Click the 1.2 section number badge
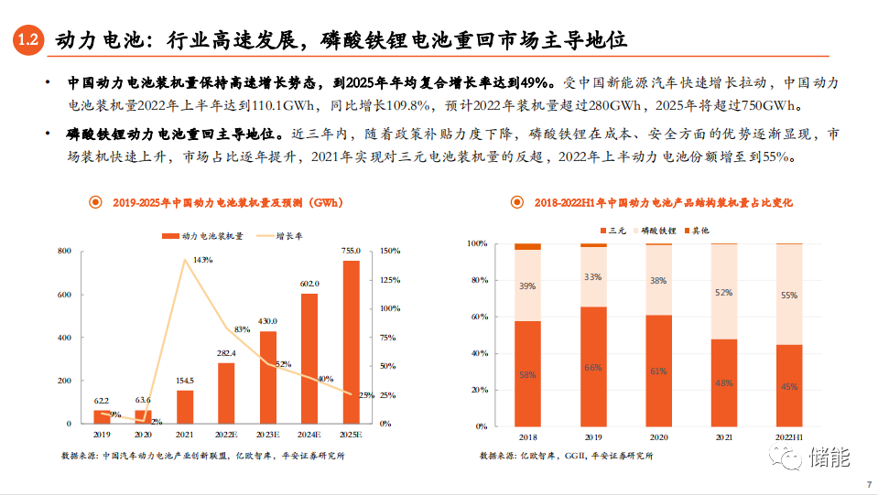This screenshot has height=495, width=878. coord(27,40)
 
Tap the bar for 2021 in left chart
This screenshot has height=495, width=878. coord(184,406)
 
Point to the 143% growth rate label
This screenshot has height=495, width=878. coord(202,260)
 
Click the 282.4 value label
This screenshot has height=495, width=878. coord(226,352)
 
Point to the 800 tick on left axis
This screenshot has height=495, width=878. coord(65,251)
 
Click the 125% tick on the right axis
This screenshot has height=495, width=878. coord(389,280)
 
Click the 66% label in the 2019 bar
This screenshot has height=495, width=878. coord(593,367)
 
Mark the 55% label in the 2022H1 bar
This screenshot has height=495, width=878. coord(788,296)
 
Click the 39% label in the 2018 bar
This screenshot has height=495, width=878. coord(527,286)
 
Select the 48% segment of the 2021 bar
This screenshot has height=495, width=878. coord(723,382)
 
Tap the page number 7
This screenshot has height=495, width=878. coord(867,485)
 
